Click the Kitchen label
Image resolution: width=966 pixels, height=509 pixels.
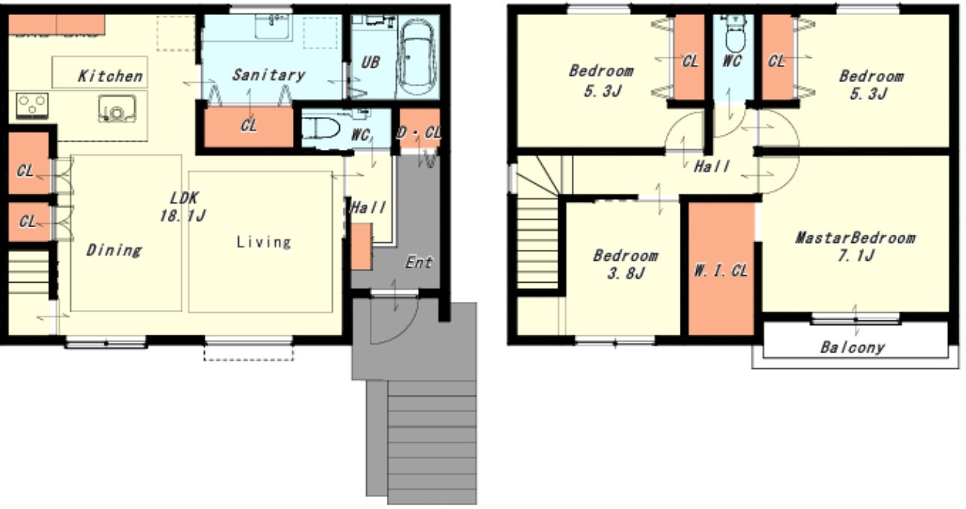(110, 76)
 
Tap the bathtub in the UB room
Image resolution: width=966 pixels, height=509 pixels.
(417, 59)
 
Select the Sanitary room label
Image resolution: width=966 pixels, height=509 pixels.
(268, 75)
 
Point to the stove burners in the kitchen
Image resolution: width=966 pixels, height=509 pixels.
(32, 105)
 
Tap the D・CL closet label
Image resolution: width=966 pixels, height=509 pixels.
(418, 133)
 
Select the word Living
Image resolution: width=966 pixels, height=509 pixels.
(264, 242)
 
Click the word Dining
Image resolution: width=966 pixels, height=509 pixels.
(114, 250)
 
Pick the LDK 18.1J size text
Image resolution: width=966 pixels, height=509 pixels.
(183, 207)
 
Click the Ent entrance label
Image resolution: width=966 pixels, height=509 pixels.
(419, 262)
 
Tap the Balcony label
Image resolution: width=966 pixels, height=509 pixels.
(853, 347)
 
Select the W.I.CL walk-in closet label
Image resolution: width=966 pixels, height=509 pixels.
(721, 271)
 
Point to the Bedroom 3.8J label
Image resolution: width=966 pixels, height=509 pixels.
(626, 264)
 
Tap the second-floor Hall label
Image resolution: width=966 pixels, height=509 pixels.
(712, 166)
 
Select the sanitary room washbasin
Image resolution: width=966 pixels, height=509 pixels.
(274, 27)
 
